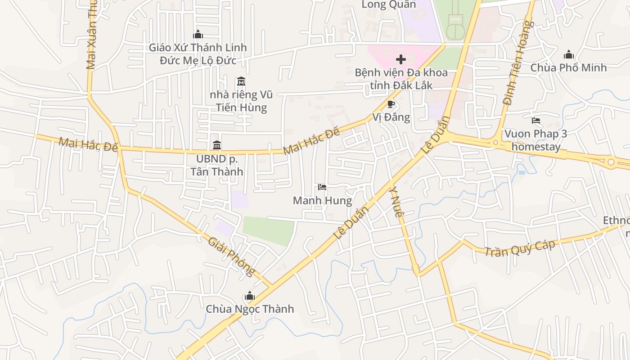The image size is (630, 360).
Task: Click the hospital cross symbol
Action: coord(400,59)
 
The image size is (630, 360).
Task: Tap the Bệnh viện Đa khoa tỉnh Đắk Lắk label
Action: coord(401,79)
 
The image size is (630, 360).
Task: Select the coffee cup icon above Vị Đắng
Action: coord(391,104)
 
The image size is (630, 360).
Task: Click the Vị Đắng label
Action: coord(391,117)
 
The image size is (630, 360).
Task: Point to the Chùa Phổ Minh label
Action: coord(568,67)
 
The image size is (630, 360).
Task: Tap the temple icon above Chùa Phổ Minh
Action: coord(568,55)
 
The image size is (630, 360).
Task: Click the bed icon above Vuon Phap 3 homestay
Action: coord(535,121)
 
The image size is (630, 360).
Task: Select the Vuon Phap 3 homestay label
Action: coord(535,140)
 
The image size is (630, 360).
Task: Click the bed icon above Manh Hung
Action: coord(322,187)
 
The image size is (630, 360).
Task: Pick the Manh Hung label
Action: coord(322,200)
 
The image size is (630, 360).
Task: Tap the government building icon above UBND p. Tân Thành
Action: coord(217,145)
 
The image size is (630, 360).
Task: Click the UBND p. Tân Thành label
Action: coord(216,165)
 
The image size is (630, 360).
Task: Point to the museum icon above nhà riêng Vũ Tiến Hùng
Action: coord(241,81)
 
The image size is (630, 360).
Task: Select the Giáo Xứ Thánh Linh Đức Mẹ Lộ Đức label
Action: coord(198,54)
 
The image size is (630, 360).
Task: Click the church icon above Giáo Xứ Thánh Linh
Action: coord(198,34)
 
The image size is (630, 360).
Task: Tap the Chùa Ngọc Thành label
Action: coord(250,309)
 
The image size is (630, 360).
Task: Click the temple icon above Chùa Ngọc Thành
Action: coord(249,296)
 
